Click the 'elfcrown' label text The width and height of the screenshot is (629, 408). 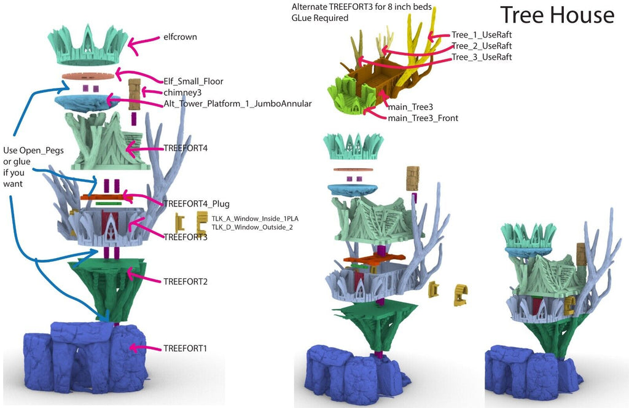[180, 37]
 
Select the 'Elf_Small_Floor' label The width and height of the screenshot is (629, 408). [193, 80]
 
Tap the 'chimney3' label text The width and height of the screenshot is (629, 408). [181, 92]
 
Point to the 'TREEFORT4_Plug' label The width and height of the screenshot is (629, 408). [196, 203]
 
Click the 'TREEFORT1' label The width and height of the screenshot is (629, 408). [185, 348]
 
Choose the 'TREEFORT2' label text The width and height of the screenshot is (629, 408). [185, 281]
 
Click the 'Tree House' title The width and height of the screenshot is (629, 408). [557, 15]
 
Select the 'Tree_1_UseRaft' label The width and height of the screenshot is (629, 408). [481, 35]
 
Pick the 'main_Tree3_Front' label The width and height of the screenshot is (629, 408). [423, 118]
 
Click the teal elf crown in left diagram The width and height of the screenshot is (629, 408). [90, 43]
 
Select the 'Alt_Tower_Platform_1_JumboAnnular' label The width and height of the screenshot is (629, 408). [237, 104]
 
